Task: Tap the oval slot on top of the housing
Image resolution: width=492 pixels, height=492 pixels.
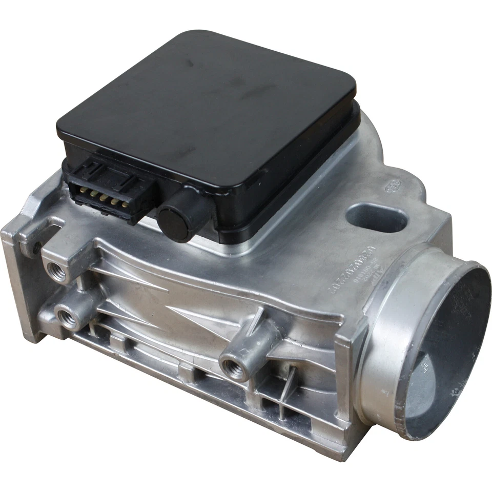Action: pyautogui.click(x=377, y=218)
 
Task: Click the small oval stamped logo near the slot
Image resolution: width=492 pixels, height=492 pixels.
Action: pyautogui.click(x=392, y=187)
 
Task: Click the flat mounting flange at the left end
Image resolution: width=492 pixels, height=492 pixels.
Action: pyautogui.click(x=20, y=287)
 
